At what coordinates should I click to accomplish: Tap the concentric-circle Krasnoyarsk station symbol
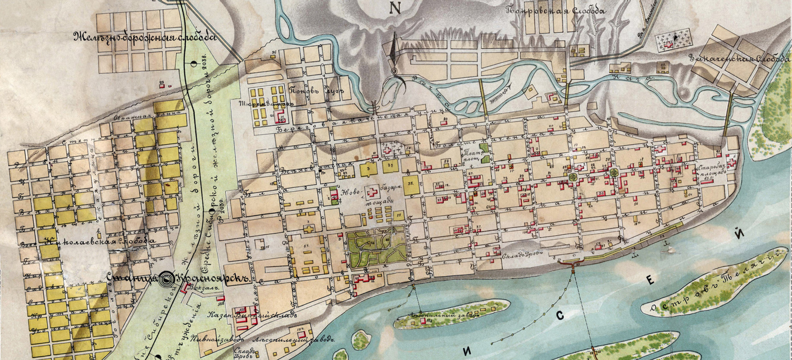click(x=166, y=279)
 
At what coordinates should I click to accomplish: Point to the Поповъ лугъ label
click(x=316, y=91)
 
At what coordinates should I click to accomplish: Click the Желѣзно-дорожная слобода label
click(x=145, y=37)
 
